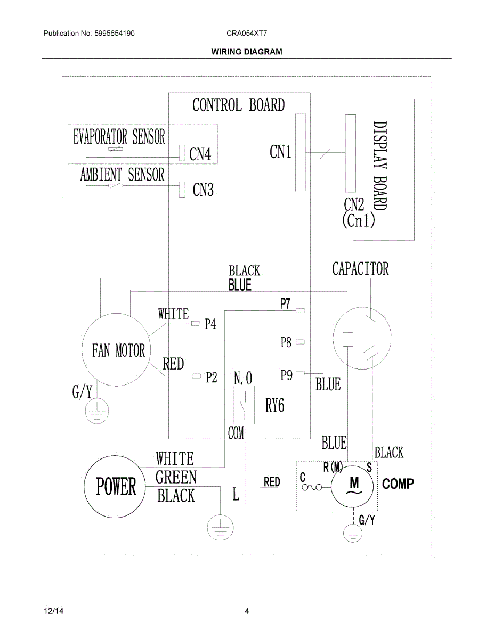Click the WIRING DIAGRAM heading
click(247, 52)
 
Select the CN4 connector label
click(200, 154)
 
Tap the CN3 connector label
click(203, 190)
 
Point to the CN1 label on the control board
click(280, 152)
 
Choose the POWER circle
click(116, 486)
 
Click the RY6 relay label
click(275, 406)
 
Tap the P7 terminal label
click(286, 304)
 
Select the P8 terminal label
click(286, 342)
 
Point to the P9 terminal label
click(286, 375)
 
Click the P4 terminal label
click(211, 324)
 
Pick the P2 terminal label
click(211, 377)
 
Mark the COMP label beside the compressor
click(398, 484)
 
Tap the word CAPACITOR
click(360, 269)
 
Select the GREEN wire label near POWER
click(176, 477)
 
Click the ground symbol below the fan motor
click(96, 411)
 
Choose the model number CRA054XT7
click(247, 33)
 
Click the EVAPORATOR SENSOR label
click(119, 137)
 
